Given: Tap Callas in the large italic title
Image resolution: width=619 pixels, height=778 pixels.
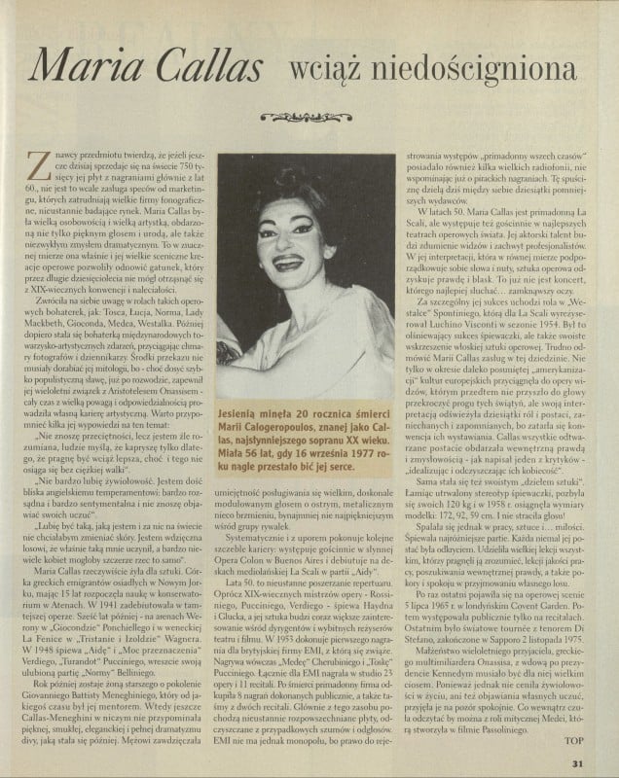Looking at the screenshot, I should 214,68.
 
